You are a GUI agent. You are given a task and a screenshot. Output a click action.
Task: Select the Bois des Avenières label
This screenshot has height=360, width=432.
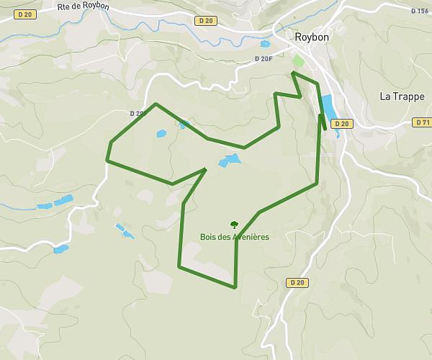coord(235,237)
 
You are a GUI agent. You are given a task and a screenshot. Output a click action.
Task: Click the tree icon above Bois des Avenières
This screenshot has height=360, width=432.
coord(233,225)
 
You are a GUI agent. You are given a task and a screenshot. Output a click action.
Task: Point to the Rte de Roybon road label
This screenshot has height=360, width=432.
coord(83,6)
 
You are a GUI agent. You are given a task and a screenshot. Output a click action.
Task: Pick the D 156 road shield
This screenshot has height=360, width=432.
coord(419,11)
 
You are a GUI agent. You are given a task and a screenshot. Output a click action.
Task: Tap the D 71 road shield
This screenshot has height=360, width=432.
coord(423,123)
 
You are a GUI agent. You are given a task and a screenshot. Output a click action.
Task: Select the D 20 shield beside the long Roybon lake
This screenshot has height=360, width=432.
coord(342,124)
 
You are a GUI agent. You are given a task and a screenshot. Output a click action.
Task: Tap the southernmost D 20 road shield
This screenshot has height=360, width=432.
coord(297,282)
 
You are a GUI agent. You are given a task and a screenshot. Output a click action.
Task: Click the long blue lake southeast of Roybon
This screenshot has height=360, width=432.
coord(328,107)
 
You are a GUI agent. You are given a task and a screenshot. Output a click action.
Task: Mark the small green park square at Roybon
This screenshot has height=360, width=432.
coord(298,60)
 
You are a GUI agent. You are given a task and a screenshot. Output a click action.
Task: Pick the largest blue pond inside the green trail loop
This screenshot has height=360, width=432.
coord(230,160)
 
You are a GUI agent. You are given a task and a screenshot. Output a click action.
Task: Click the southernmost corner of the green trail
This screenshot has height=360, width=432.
coord(235,288)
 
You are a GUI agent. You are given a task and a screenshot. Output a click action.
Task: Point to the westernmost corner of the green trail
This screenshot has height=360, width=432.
coord(107,160)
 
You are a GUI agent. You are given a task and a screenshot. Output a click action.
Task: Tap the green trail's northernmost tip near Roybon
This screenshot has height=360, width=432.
coord(293,73)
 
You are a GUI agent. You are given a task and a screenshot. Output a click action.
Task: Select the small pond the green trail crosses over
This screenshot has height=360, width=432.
coord(184,124)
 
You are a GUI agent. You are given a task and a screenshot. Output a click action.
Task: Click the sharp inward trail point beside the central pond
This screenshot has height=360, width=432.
coord(205,170)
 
